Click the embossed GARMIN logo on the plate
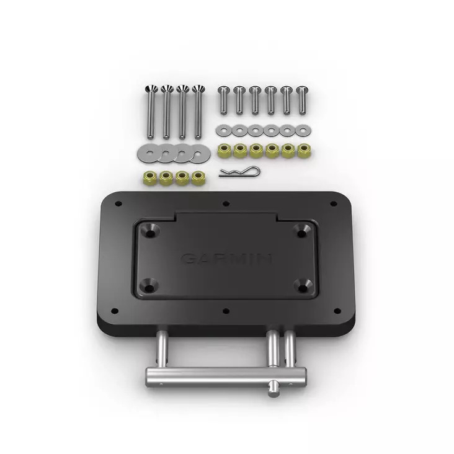[x=226, y=259]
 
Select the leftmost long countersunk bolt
[x=150, y=112]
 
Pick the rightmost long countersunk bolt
[x=198, y=112]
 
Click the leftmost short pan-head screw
[x=224, y=100]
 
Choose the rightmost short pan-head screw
[x=302, y=100]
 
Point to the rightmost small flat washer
[x=303, y=130]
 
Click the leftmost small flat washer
[x=224, y=130]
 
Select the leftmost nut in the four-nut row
[x=150, y=177]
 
